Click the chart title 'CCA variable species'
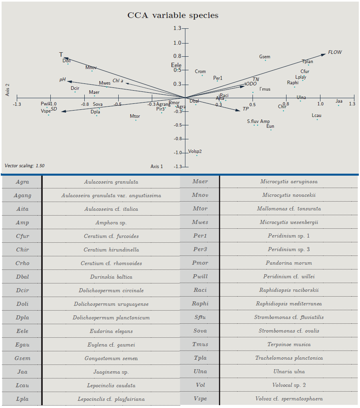173,16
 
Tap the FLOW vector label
335,52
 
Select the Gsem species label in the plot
265,57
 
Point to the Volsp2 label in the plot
195,151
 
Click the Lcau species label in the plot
316,116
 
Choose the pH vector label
62,79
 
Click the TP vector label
246,109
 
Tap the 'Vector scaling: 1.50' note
25,165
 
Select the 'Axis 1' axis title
157,166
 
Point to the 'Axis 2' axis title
7,90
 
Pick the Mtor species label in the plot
135,116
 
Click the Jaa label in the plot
339,101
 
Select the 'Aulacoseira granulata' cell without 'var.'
111,182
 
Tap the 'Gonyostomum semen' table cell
111,358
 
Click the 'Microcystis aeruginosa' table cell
289,182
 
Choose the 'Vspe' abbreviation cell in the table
200,399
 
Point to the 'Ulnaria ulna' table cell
289,372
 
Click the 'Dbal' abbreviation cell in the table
22,277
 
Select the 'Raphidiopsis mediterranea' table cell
289,304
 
